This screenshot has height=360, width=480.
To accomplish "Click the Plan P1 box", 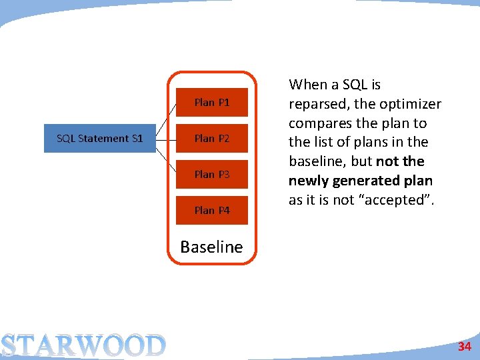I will (x=211, y=103).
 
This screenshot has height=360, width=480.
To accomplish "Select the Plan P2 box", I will (x=211, y=139).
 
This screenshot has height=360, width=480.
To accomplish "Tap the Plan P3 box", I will (x=211, y=175).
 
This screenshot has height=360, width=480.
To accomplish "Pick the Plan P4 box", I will (x=211, y=211).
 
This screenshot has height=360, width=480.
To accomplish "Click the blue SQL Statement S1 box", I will (x=99, y=139).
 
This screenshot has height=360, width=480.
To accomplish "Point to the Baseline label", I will (x=211, y=247).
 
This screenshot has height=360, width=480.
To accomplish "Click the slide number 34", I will (x=464, y=347).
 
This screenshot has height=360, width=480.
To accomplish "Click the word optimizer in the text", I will (x=411, y=104).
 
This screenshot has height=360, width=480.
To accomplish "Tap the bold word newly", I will (x=307, y=181).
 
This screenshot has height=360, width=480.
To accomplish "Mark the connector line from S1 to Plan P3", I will (x=166, y=157).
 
